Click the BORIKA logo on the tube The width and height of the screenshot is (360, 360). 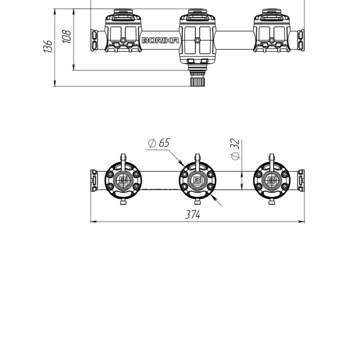pos(160,40)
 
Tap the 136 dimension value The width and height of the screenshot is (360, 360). pos(48,46)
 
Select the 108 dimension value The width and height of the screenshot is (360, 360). pos(67,36)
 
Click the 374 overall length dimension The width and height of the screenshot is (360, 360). pos(193,215)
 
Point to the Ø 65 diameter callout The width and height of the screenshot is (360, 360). pos(159,143)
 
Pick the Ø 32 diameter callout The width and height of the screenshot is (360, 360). pos(235,149)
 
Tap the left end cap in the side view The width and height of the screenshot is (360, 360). pos(94,40)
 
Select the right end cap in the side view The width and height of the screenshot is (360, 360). pos(301,40)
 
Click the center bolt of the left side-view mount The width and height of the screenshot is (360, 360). pos(123,40)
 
